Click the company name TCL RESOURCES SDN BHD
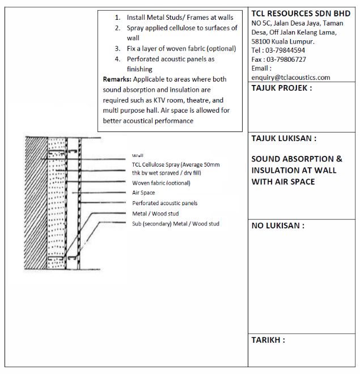[x=300, y=13]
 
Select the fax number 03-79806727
[x=287, y=59]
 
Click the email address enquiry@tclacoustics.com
[x=290, y=77]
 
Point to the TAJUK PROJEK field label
[x=281, y=88]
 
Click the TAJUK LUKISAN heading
[x=283, y=138]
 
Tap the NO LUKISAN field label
[x=278, y=226]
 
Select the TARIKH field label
[x=268, y=340]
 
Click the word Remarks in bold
[x=117, y=79]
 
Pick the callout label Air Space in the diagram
[x=143, y=193]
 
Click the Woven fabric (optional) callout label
[x=161, y=183]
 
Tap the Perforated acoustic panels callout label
[x=165, y=203]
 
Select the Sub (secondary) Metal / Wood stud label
[x=175, y=224]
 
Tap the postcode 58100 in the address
[x=261, y=41]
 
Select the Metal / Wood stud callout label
[x=156, y=213]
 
